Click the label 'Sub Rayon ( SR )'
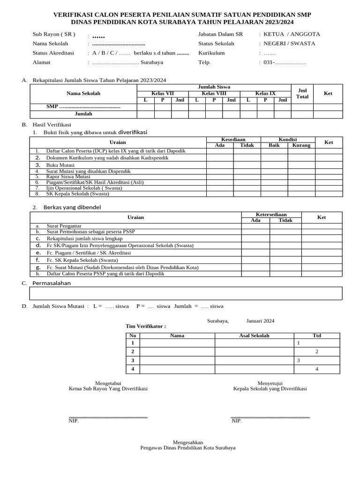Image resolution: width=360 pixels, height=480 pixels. (54, 35)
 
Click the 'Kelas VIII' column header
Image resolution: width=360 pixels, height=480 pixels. (214, 94)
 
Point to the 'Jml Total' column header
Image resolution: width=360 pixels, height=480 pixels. (302, 93)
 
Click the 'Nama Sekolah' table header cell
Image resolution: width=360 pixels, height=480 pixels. (83, 93)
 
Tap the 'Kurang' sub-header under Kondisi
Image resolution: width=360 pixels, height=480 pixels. (301, 145)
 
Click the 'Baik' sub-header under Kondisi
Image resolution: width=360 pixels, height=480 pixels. (274, 145)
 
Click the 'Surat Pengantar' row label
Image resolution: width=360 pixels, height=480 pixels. (64, 226)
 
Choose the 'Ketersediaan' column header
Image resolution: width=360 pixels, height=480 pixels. (271, 214)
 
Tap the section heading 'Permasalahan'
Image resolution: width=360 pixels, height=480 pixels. (52, 283)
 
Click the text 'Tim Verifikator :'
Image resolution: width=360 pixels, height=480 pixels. (146, 326)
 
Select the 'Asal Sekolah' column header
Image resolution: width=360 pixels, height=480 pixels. (254, 336)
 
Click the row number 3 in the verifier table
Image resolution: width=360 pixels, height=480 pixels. (133, 360)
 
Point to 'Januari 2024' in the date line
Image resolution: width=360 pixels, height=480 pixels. (260, 321)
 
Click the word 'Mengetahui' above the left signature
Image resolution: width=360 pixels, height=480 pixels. (108, 383)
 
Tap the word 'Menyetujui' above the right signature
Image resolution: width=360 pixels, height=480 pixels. (270, 383)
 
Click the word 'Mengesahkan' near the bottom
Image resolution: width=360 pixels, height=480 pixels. (188, 442)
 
